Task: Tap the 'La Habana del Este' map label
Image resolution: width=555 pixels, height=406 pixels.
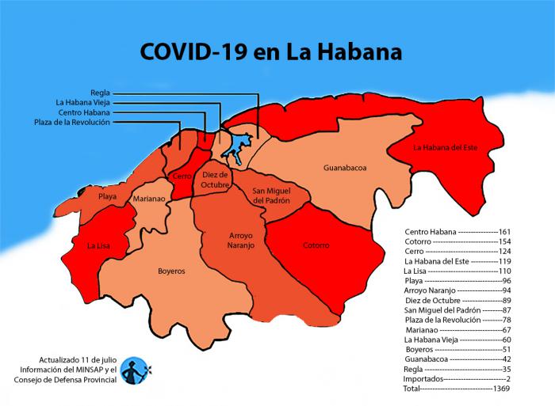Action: click(x=446, y=146)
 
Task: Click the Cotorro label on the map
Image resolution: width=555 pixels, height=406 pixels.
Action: click(x=316, y=245)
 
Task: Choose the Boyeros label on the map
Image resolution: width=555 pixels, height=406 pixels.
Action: click(x=170, y=271)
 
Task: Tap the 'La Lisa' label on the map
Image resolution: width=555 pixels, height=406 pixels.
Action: click(x=98, y=245)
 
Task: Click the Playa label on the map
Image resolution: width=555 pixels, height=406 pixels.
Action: click(x=108, y=195)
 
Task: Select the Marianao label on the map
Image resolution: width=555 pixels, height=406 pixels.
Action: click(x=149, y=199)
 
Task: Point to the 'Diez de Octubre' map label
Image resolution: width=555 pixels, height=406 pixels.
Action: click(x=215, y=179)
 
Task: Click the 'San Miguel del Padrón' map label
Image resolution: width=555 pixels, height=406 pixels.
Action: click(x=271, y=195)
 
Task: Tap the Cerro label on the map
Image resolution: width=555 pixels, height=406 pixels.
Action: click(x=182, y=176)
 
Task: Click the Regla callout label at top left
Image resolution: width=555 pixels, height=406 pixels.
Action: click(x=100, y=92)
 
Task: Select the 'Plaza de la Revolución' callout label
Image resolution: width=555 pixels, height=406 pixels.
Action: click(x=72, y=122)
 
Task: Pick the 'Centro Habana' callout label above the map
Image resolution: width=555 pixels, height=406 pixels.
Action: click(x=84, y=112)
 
